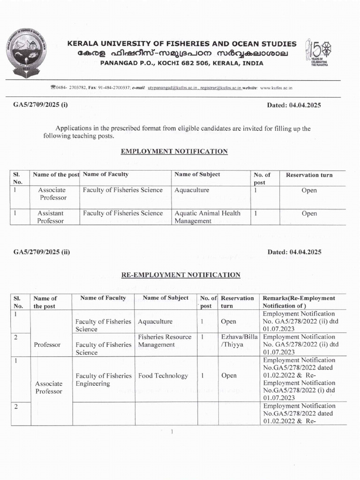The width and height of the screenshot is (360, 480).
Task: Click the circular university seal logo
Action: pyautogui.click(x=27, y=53)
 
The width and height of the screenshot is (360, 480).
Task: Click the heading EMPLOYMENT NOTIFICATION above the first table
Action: pyautogui.click(x=174, y=151)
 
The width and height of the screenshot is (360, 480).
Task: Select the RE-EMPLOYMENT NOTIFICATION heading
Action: pyautogui.click(x=181, y=275)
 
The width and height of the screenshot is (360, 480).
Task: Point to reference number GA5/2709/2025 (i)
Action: pyautogui.click(x=41, y=105)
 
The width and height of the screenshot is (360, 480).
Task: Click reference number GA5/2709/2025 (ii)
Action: pyautogui.click(x=42, y=252)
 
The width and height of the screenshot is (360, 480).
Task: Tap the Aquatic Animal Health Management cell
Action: pyautogui.click(x=207, y=217)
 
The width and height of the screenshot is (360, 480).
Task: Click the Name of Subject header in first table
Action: pyautogui.click(x=197, y=174)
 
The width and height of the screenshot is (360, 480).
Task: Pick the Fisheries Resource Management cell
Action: pyautogui.click(x=165, y=341)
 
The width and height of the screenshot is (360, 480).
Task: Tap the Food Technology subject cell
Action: pyautogui.click(x=163, y=375)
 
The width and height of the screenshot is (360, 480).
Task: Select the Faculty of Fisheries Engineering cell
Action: pyautogui.click(x=104, y=380)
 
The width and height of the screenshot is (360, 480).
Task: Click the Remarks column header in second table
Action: pyautogui.click(x=299, y=302)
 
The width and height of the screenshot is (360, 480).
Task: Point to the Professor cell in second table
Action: pyautogui.click(x=47, y=345)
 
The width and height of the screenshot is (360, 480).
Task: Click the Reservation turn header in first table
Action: pyautogui.click(x=309, y=175)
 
